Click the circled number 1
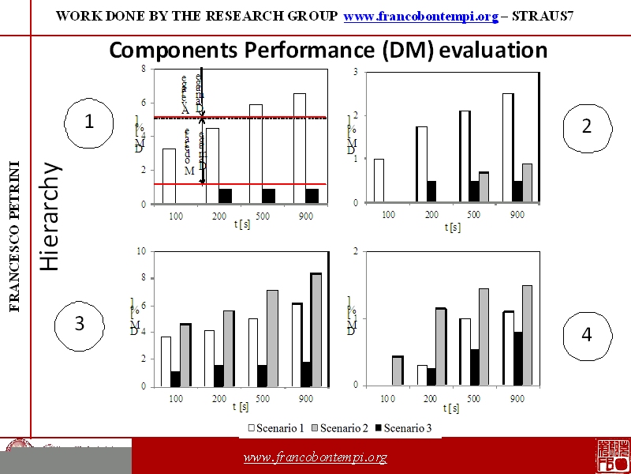pos(89,122)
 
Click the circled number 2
pos(586,126)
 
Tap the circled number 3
pos(79,323)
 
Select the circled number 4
pos(586,335)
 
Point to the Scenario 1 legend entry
pos(277,428)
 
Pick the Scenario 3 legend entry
pos(403,428)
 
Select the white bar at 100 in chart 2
pos(379,180)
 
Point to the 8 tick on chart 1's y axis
pos(142,69)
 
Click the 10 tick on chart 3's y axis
pos(141,251)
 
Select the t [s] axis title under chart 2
pos(452,227)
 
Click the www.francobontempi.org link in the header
pos(421,17)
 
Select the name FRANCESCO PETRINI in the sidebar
pos(15,237)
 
